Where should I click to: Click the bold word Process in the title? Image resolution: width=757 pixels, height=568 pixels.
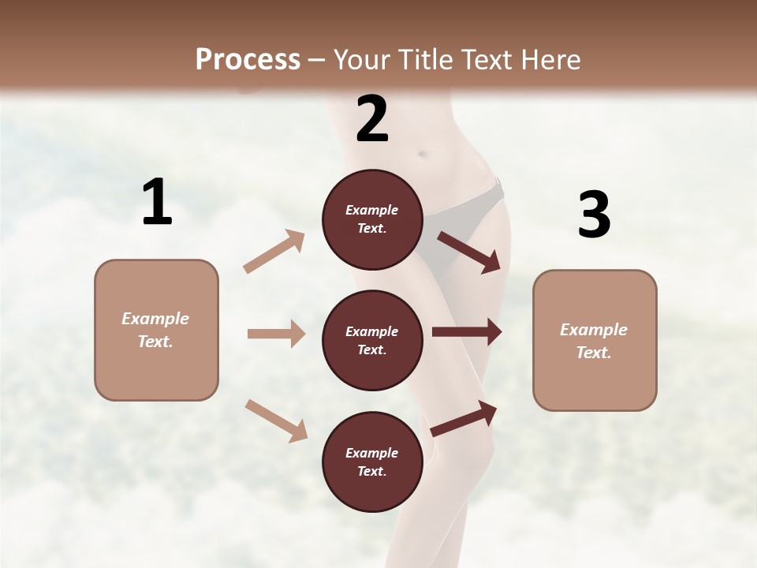pos(248,59)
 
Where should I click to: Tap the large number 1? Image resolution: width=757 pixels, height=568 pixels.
pos(157,203)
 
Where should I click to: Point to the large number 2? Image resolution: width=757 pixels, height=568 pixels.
pos(372,118)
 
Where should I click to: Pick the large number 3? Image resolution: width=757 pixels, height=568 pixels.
pos(594,215)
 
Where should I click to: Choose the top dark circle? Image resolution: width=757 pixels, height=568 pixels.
pos(372,219)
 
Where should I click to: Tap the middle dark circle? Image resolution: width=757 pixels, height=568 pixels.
pos(372,340)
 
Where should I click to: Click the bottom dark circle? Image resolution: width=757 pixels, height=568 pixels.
pos(372,461)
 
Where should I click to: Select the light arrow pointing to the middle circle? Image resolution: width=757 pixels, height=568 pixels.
pos(276,334)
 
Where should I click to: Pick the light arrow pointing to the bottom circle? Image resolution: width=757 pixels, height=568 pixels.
pos(276,420)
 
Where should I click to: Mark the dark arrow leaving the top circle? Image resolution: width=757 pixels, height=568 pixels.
pos(468,252)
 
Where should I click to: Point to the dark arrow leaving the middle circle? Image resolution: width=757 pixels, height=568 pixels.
pos(467,332)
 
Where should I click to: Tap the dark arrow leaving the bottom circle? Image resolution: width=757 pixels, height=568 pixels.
pos(464,419)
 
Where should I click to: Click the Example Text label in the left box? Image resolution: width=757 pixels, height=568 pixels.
pos(155,330)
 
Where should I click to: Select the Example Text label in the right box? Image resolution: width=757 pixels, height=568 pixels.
pos(594,341)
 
